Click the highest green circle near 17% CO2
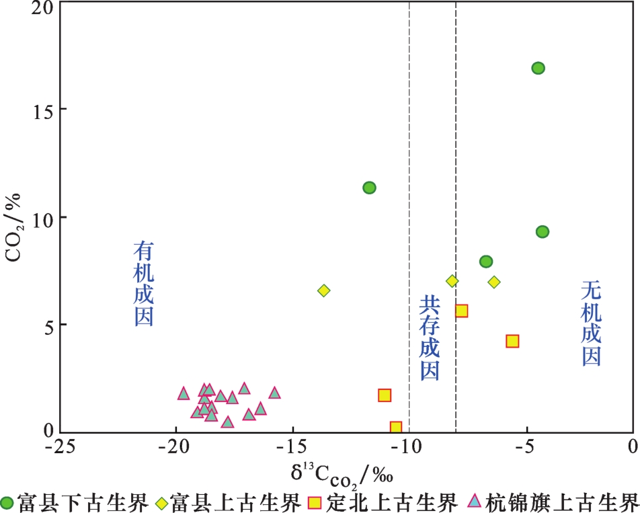tap(538, 68)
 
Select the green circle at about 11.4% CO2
tap(369, 188)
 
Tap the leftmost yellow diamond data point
tap(324, 290)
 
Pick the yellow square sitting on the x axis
tap(396, 428)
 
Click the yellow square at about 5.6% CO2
tap(461, 311)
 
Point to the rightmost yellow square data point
tap(512, 341)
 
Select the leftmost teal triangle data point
tap(184, 393)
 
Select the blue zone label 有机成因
tap(144, 284)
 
